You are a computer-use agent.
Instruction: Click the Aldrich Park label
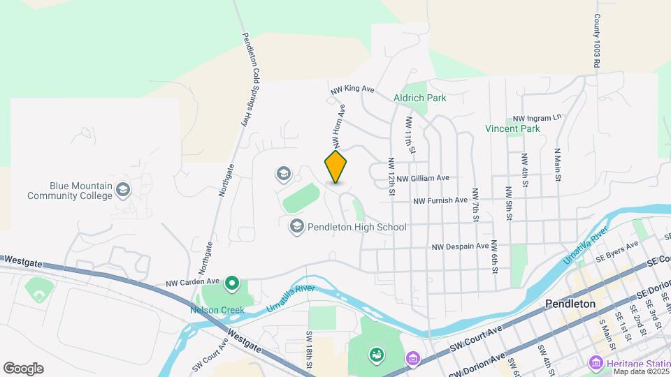pos(419,98)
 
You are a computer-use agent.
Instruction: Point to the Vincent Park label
pos(513,128)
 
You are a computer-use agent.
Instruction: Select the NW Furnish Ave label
pos(440,200)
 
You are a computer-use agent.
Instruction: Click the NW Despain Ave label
pos(460,246)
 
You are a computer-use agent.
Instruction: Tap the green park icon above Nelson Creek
pos(232,283)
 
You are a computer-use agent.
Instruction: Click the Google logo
pos(23,369)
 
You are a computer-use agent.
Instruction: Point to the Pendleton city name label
pos(570,304)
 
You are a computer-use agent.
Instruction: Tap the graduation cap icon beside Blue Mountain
pos(123,189)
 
